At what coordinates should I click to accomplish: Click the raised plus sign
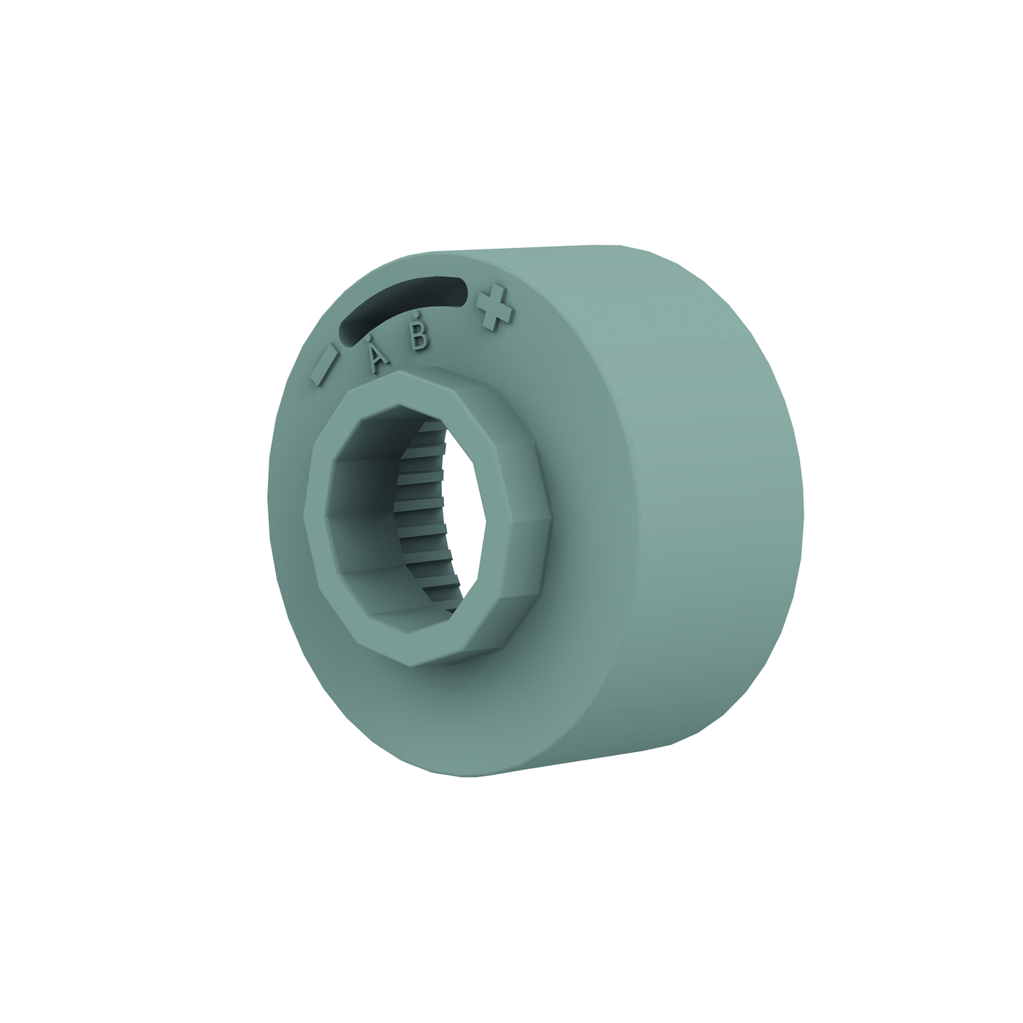pyautogui.click(x=494, y=308)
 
